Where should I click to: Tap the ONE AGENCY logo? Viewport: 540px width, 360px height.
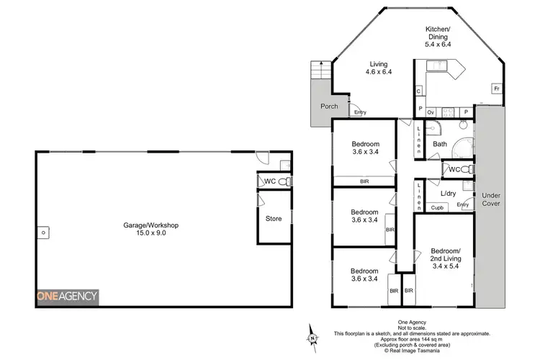pos(68,297)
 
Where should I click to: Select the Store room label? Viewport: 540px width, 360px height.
pos(274,219)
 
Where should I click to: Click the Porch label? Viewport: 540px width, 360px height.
pos(329,107)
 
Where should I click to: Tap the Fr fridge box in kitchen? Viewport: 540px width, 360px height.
pos(496,89)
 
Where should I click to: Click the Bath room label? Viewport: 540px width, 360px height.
pos(440,144)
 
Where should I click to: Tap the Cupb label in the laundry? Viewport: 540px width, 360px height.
pos(436,208)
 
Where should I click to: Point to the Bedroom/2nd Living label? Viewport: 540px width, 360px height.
pos(444,257)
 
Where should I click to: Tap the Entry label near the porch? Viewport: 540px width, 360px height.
pos(360,112)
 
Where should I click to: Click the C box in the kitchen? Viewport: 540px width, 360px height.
pos(418,91)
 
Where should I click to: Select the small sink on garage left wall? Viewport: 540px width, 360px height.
pos(44,233)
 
